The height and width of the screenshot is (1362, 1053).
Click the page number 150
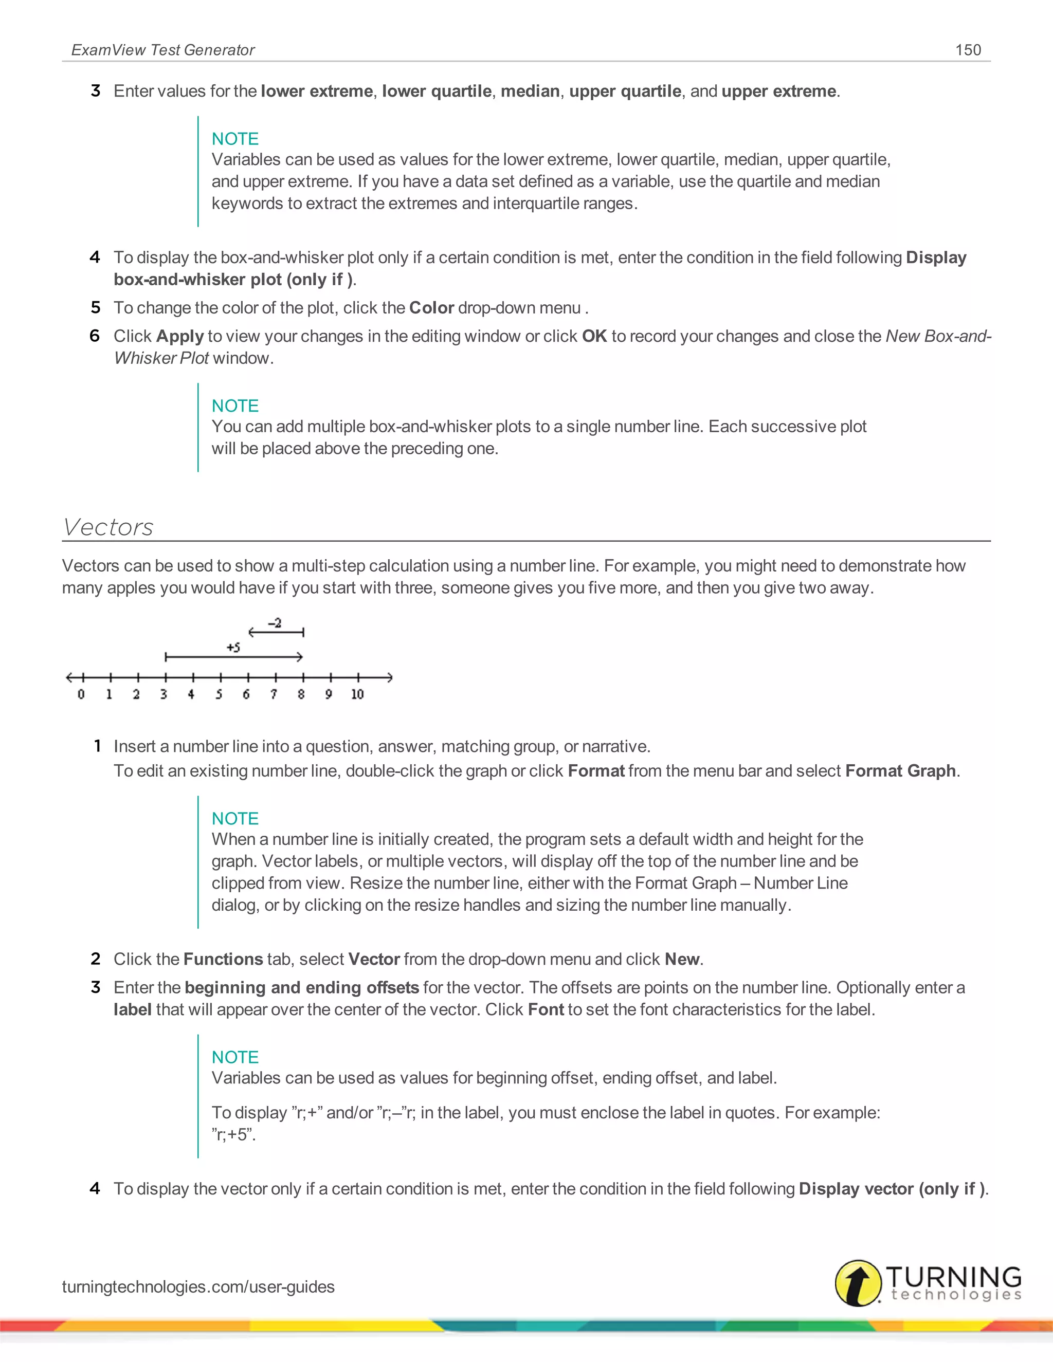tap(968, 50)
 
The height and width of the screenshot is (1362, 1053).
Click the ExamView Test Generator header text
tap(163, 50)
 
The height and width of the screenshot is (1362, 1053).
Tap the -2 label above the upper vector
tap(275, 622)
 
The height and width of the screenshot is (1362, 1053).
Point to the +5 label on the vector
tap(233, 647)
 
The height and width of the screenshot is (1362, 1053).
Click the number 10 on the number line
tap(357, 694)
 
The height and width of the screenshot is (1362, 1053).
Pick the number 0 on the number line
tap(81, 694)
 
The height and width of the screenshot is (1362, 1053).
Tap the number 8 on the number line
tap(301, 694)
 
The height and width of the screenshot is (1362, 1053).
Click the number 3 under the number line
tap(164, 694)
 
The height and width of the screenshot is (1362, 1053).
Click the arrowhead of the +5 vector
tap(300, 657)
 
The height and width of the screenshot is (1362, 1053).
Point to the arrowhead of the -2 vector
tap(251, 632)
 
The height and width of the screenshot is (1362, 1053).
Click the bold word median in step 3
tap(530, 91)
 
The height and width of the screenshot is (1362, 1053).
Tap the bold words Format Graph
tap(900, 771)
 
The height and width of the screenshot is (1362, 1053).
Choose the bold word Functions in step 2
tap(223, 959)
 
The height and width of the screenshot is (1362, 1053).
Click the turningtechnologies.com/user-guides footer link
tap(198, 1286)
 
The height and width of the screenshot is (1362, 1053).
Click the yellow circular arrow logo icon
tap(858, 1283)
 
